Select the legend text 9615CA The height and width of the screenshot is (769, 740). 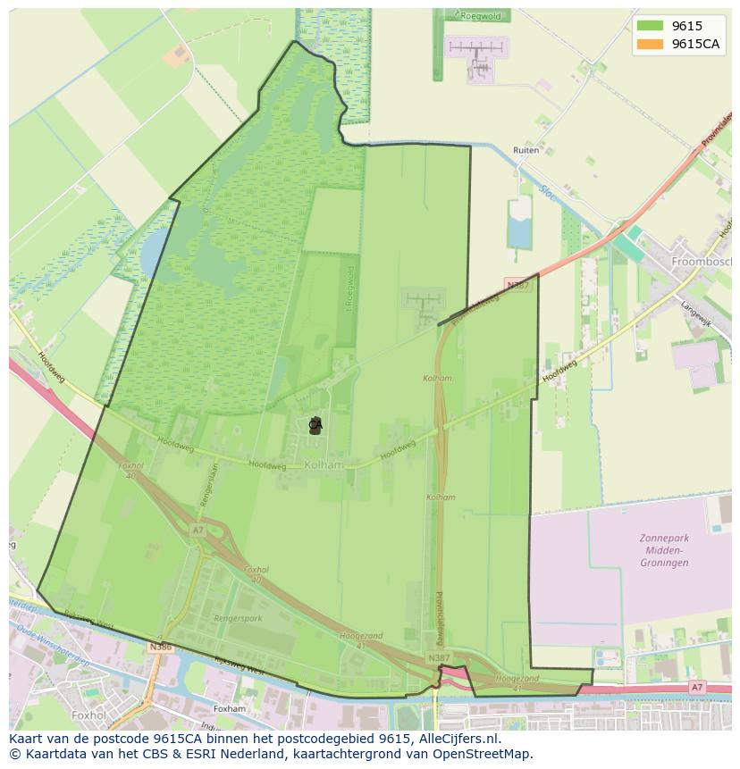click(x=695, y=44)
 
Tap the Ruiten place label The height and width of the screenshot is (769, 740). click(x=526, y=151)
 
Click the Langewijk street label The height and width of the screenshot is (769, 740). click(x=695, y=314)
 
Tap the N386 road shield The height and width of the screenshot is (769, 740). click(x=161, y=647)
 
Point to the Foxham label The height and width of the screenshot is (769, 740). click(x=230, y=709)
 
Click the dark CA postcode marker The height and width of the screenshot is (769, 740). click(x=315, y=425)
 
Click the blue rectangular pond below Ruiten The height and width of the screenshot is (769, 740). click(x=519, y=223)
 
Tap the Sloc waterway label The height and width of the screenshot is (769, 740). click(x=547, y=191)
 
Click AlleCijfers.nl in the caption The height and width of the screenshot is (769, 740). click(x=460, y=740)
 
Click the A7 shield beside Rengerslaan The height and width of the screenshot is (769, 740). click(x=198, y=530)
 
